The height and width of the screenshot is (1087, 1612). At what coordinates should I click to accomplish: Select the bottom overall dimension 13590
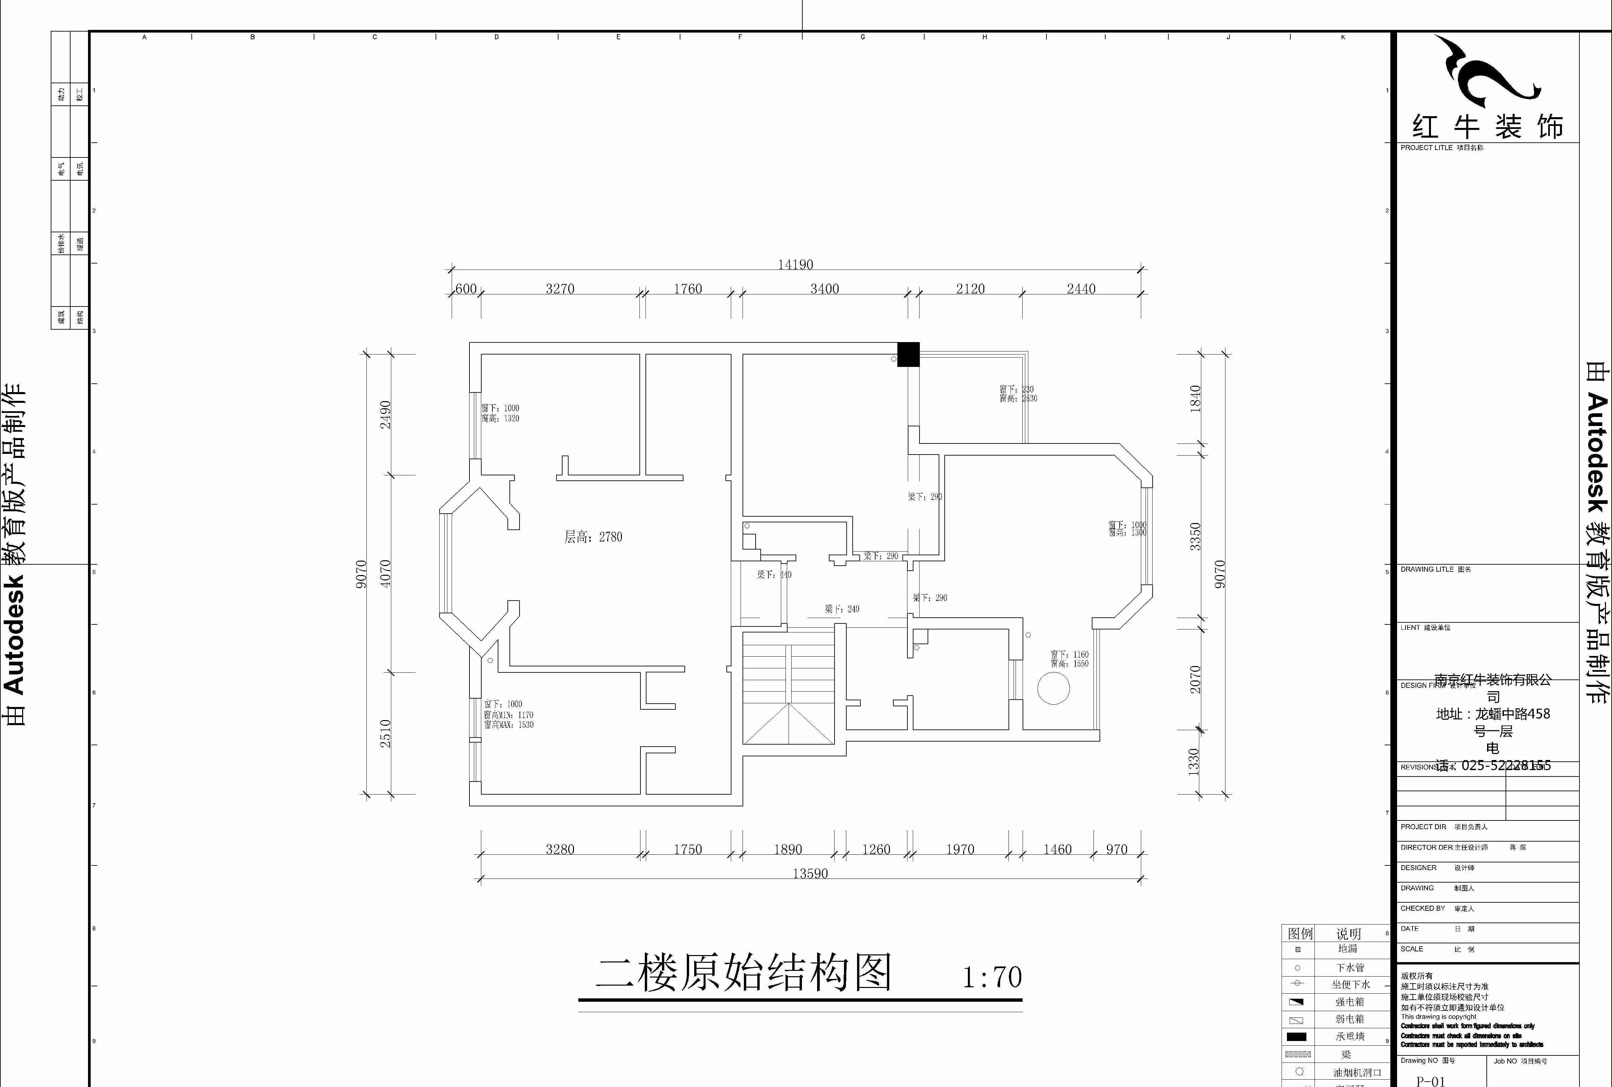[810, 873]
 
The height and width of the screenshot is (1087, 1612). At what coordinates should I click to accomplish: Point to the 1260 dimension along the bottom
[876, 849]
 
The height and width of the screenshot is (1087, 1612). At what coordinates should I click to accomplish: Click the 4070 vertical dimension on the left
[386, 573]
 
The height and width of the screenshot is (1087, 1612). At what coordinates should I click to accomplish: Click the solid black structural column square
[908, 354]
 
